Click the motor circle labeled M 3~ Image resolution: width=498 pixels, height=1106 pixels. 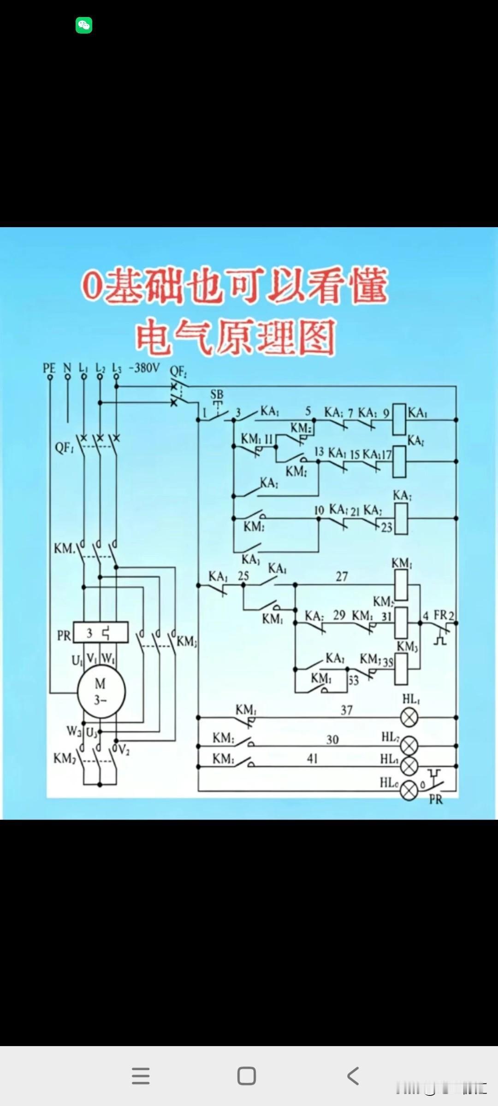point(101,691)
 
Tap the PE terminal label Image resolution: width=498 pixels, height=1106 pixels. point(49,368)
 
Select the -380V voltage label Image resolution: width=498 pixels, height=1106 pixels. point(144,368)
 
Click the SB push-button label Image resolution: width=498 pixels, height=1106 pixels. point(217,394)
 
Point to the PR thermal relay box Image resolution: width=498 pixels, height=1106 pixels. point(101,632)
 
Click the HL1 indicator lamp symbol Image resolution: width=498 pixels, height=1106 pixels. point(409,718)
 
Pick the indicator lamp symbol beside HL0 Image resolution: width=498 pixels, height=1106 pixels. point(409,791)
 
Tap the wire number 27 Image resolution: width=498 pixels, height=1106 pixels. point(342,577)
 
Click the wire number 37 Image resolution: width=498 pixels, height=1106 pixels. point(347,710)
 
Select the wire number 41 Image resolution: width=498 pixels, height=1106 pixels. point(313,759)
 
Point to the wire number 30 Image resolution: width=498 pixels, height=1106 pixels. point(332,740)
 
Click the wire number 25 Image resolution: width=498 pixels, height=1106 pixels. point(243,576)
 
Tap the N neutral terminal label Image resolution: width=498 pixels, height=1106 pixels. point(67,368)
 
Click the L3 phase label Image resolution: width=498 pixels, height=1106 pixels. point(117,368)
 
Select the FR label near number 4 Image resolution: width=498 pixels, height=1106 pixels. point(440,615)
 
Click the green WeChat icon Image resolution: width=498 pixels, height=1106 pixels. point(84,25)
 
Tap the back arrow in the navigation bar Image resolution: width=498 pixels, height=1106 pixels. point(353,1076)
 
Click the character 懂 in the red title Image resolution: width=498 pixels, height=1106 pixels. point(368,287)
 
